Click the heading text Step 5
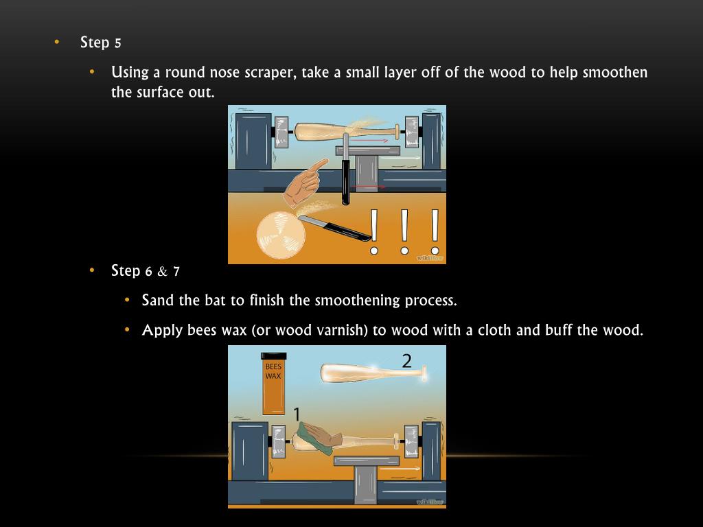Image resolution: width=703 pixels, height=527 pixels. (x=100, y=43)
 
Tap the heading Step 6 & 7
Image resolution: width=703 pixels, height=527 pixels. (x=146, y=271)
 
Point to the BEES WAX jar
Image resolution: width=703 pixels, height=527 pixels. (x=273, y=384)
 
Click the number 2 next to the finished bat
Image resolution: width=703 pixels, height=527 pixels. (x=406, y=361)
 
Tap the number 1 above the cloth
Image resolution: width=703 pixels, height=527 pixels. (x=297, y=414)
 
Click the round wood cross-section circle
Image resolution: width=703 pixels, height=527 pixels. (x=281, y=235)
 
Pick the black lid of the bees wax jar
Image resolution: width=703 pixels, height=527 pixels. (x=273, y=356)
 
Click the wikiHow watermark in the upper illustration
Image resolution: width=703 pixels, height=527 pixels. (x=430, y=258)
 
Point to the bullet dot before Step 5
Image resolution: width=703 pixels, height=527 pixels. (x=56, y=42)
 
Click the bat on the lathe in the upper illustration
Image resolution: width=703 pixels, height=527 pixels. (x=346, y=131)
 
